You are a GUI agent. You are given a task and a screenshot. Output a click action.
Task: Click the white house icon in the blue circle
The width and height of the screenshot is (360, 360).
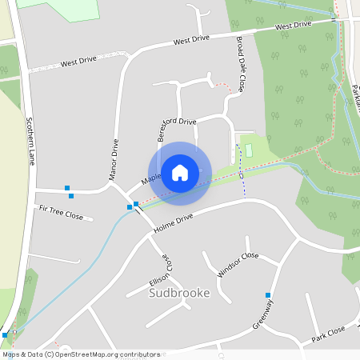pyautogui.click(x=180, y=173)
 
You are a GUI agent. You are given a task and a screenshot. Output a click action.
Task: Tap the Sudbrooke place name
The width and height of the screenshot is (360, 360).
pyautogui.click(x=179, y=293)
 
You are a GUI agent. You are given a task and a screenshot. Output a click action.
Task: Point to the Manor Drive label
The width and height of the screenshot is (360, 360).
pyautogui.click(x=114, y=158)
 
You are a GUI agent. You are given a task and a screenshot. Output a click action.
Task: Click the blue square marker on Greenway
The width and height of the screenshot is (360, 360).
pyautogui.click(x=268, y=295)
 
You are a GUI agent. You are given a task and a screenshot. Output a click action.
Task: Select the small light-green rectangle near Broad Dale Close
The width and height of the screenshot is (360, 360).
pyautogui.click(x=248, y=150)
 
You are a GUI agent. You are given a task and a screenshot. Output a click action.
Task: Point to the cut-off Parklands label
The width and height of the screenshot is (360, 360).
pyautogui.click(x=355, y=100)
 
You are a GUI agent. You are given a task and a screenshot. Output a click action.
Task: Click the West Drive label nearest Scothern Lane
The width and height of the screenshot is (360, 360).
pyautogui.click(x=78, y=62)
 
